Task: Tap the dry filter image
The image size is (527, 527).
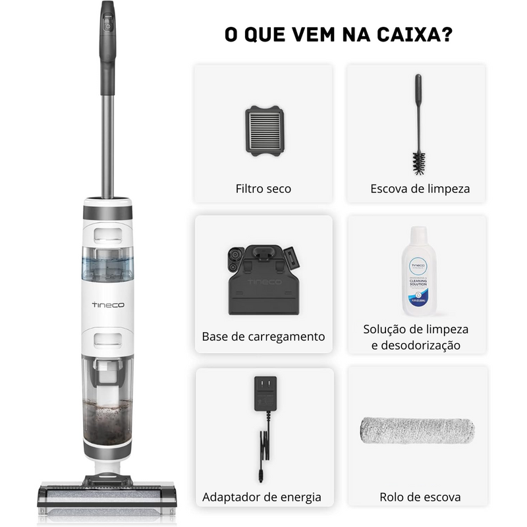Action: pyautogui.click(x=264, y=131)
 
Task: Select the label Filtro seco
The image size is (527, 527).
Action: pyautogui.click(x=263, y=188)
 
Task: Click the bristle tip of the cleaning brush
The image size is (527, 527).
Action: pyautogui.click(x=419, y=161)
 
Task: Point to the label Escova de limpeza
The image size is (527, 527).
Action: pyautogui.click(x=420, y=188)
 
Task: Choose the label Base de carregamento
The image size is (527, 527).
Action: pyautogui.click(x=263, y=336)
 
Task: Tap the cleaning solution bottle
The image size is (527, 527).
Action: pyautogui.click(x=418, y=271)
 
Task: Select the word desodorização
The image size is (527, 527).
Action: pyautogui.click(x=416, y=345)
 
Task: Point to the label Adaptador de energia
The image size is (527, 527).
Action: pyautogui.click(x=262, y=497)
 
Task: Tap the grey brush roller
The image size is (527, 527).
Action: pyautogui.click(x=417, y=430)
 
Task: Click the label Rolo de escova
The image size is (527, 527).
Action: pyautogui.click(x=420, y=497)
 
